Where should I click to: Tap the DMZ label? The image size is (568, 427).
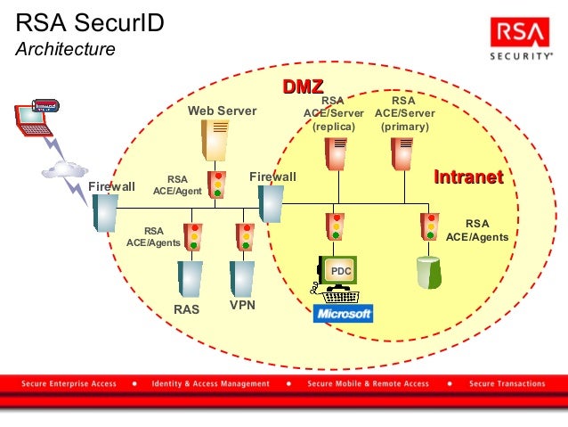[303, 86]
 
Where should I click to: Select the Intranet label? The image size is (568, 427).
[467, 177]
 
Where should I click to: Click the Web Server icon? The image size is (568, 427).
[216, 139]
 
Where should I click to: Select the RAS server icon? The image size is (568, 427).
[189, 278]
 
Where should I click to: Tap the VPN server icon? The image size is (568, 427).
[241, 278]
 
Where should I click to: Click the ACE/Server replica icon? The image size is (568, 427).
[337, 152]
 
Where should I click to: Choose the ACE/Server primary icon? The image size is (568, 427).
[403, 152]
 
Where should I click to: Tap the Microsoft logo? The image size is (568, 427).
[343, 314]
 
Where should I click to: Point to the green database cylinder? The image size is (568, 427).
[430, 272]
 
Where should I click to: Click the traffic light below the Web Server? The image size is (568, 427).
[216, 185]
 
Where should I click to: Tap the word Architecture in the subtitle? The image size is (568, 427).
[65, 49]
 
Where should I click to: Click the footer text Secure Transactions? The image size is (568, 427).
[507, 384]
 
